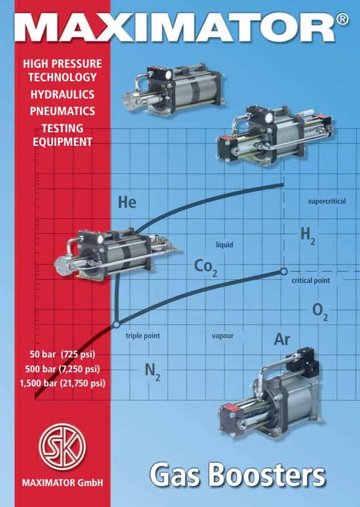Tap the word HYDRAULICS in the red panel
click(62, 94)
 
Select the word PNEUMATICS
click(62, 111)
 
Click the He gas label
click(127, 202)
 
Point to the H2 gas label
click(308, 235)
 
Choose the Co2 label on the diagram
click(206, 268)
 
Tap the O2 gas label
click(320, 312)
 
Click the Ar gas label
click(282, 339)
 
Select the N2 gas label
click(153, 371)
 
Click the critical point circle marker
click(284, 271)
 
